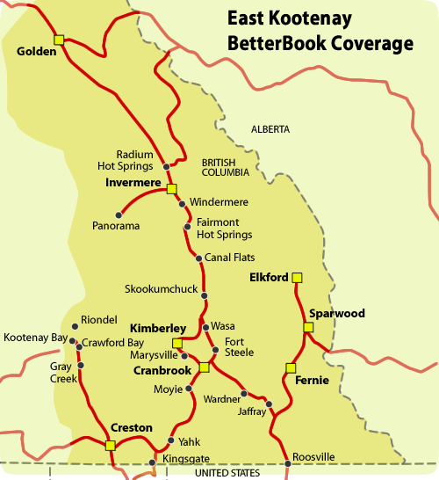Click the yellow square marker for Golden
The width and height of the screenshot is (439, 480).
click(59, 39)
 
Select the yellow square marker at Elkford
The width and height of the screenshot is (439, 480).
click(297, 278)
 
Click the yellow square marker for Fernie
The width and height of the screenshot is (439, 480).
click(291, 368)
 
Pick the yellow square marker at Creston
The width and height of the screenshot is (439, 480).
click(110, 446)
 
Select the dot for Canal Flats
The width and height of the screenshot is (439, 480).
click(198, 258)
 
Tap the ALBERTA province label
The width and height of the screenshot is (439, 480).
click(270, 129)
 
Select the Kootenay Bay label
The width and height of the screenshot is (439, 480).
click(33, 337)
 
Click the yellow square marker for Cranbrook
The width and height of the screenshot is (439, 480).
click(204, 367)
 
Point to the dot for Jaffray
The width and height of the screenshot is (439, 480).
click(270, 404)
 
